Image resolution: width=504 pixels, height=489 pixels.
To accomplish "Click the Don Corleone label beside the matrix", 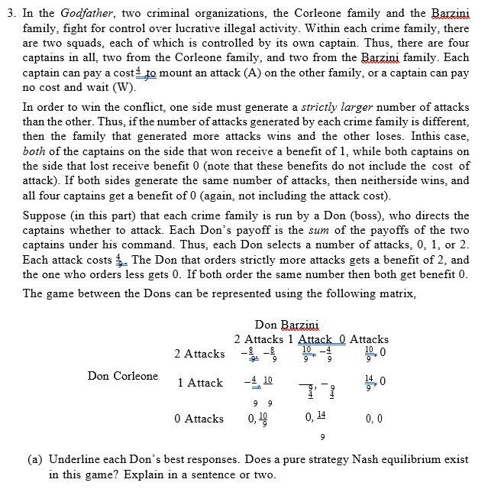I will point(123,376).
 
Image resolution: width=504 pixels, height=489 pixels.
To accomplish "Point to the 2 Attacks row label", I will point(199,354).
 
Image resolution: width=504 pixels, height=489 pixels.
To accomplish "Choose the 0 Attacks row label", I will point(199,419).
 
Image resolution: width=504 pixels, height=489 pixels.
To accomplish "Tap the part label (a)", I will point(35,460).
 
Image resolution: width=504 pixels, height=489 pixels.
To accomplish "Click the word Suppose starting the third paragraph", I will point(45,217).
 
